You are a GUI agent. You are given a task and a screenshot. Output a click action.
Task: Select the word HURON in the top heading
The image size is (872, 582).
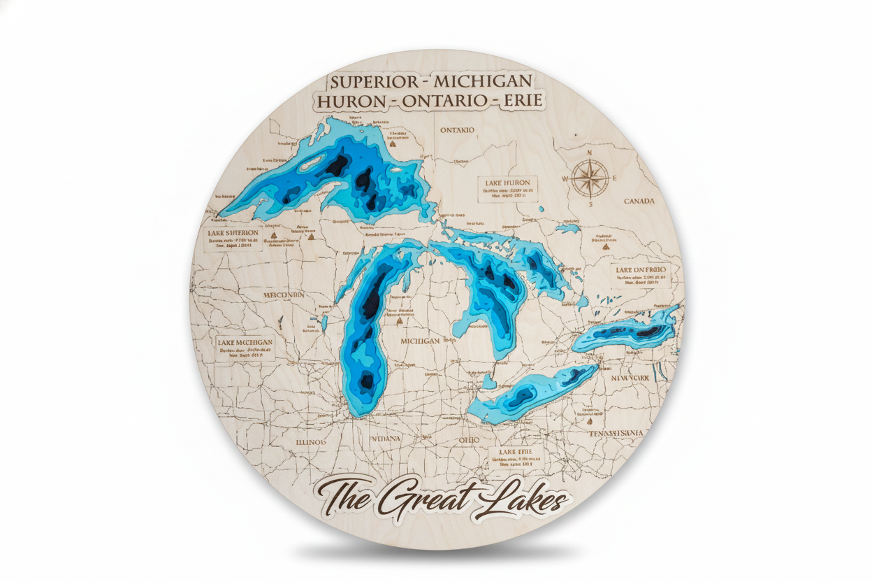click(x=350, y=101)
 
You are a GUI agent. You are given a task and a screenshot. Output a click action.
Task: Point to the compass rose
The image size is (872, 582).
click(x=590, y=177)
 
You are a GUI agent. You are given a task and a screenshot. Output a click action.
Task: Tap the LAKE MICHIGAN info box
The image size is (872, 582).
click(x=245, y=349)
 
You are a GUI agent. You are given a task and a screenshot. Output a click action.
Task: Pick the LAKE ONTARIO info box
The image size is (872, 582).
click(x=640, y=276)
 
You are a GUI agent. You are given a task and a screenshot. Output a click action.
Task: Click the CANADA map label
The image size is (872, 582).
click(x=639, y=201)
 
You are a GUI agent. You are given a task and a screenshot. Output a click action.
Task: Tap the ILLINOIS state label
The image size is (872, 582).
click(x=311, y=443)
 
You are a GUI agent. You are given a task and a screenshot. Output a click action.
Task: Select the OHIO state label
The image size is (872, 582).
click(x=469, y=439)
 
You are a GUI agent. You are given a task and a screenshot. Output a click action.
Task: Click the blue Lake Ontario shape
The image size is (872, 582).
click(x=625, y=334)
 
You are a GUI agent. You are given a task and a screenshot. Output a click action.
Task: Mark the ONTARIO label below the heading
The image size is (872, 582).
click(x=457, y=130)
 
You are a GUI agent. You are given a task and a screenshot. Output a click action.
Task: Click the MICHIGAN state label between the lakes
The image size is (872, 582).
click(x=420, y=341)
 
